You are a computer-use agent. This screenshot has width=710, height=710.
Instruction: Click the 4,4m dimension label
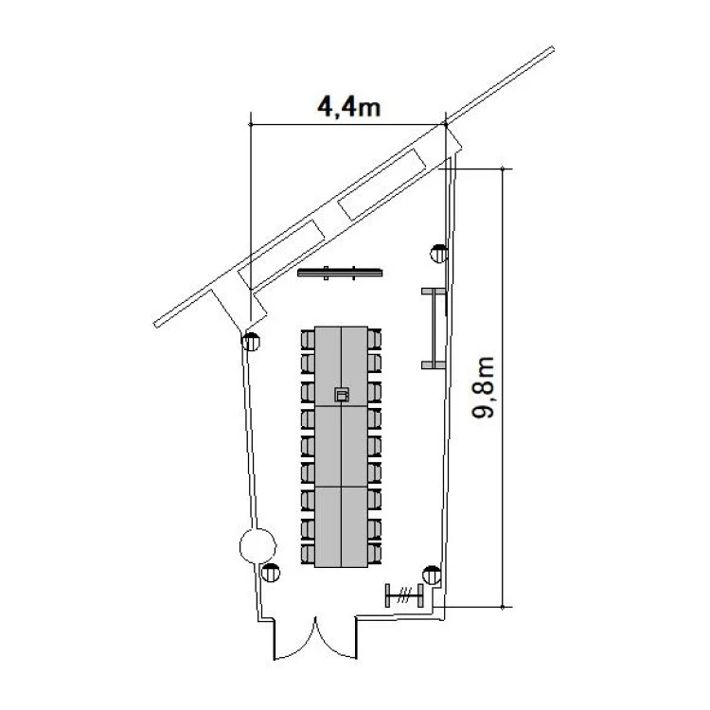[x=348, y=108]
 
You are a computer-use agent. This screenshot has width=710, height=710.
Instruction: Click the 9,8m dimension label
[x=483, y=387]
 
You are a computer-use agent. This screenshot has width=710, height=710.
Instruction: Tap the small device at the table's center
[x=342, y=395]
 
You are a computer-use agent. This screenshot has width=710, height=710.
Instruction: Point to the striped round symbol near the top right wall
[x=438, y=254]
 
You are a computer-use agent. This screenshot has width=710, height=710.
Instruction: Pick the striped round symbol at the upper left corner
[x=251, y=342]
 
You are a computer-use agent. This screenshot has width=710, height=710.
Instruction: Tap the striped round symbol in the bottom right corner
[x=432, y=575]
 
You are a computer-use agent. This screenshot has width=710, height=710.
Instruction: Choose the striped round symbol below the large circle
[x=271, y=573]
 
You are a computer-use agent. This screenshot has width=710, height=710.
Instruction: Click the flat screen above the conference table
[x=340, y=273]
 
